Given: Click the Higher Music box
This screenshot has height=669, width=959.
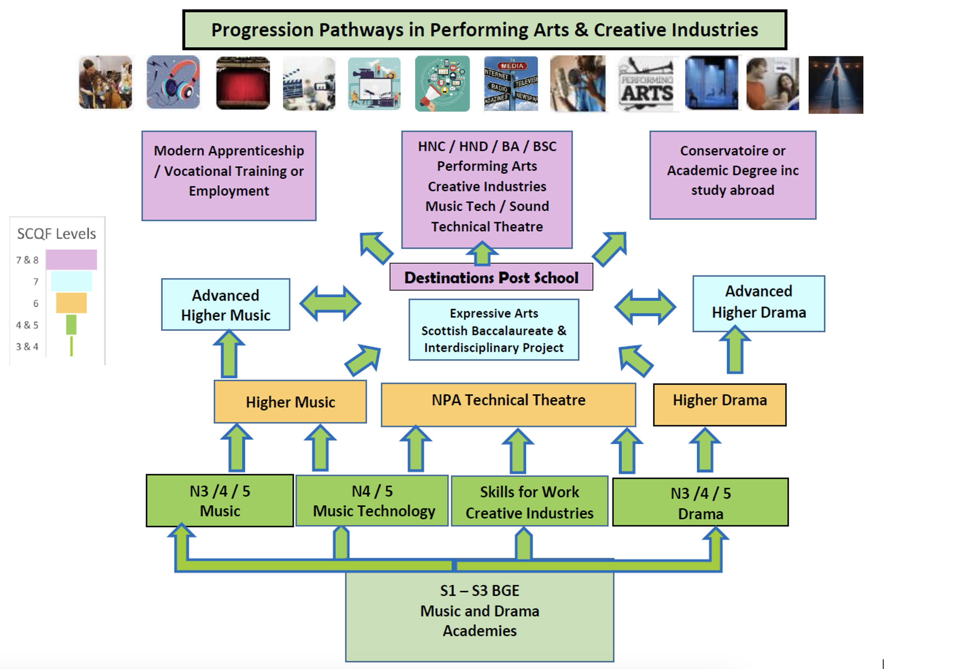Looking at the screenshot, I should point(290,401).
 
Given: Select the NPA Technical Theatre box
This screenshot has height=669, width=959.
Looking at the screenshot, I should point(508,404).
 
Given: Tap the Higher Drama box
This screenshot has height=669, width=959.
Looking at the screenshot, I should point(719,404).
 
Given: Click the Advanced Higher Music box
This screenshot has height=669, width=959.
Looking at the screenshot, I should point(226,304).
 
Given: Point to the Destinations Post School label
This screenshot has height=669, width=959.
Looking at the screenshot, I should point(491,277).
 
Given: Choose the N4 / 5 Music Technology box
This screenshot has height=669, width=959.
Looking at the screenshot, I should point(372,500).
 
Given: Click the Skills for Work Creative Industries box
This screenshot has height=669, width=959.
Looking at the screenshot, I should point(529,501).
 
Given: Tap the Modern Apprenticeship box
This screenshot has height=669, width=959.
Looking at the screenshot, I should point(229,176).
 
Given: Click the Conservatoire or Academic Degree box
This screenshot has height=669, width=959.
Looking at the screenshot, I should point(733,175).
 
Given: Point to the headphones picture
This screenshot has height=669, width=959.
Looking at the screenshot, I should point(173,82).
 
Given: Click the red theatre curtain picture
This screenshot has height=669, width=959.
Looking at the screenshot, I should point(243,83).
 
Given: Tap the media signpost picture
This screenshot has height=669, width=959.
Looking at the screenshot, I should point(510,84).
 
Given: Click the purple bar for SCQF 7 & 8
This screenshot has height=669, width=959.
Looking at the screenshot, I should point(71,259).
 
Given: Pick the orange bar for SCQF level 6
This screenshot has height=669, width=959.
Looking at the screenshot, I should point(71,302).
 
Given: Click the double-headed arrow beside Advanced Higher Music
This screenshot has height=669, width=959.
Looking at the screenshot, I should point(330,303).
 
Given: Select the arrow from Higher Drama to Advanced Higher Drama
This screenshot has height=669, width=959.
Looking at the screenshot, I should point(735,351).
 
